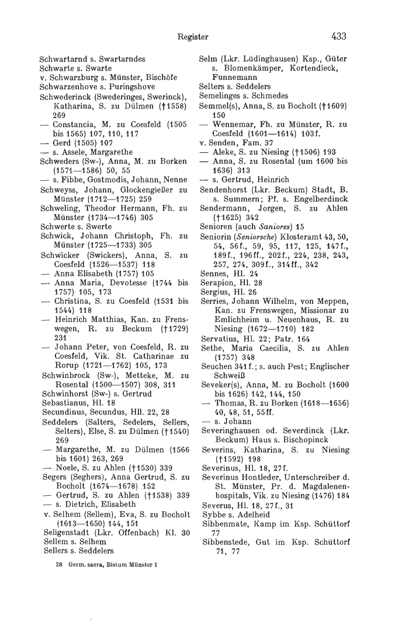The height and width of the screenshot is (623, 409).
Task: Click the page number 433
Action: pos(338,36)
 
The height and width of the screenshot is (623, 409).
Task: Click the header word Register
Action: pos(193,37)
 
